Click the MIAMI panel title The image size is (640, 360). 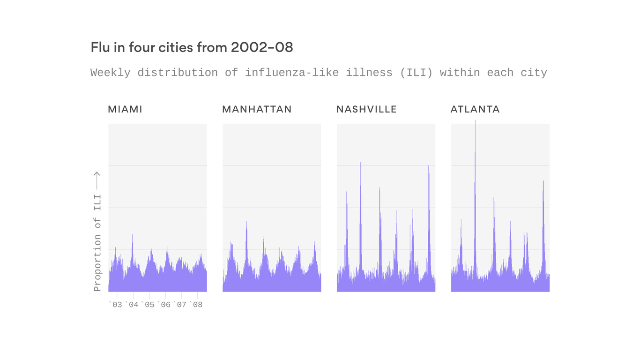click(x=125, y=109)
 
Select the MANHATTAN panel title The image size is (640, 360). click(x=257, y=109)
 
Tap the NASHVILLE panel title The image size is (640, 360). click(x=366, y=109)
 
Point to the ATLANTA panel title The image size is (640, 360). click(x=475, y=109)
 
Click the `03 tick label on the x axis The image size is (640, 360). click(x=115, y=305)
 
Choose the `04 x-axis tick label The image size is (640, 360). click(x=132, y=305)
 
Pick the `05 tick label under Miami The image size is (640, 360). click(x=148, y=305)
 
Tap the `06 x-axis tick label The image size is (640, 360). click(x=164, y=305)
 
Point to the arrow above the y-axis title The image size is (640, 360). click(x=97, y=180)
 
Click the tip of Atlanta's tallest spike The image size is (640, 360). click(x=475, y=121)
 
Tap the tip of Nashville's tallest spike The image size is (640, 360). click(x=360, y=163)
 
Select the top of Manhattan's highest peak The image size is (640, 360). click(x=246, y=222)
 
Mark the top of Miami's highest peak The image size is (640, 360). click(x=133, y=234)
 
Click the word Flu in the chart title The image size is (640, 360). click(x=99, y=47)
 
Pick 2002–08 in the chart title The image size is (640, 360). click(x=262, y=47)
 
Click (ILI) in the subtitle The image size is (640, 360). click(x=417, y=73)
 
